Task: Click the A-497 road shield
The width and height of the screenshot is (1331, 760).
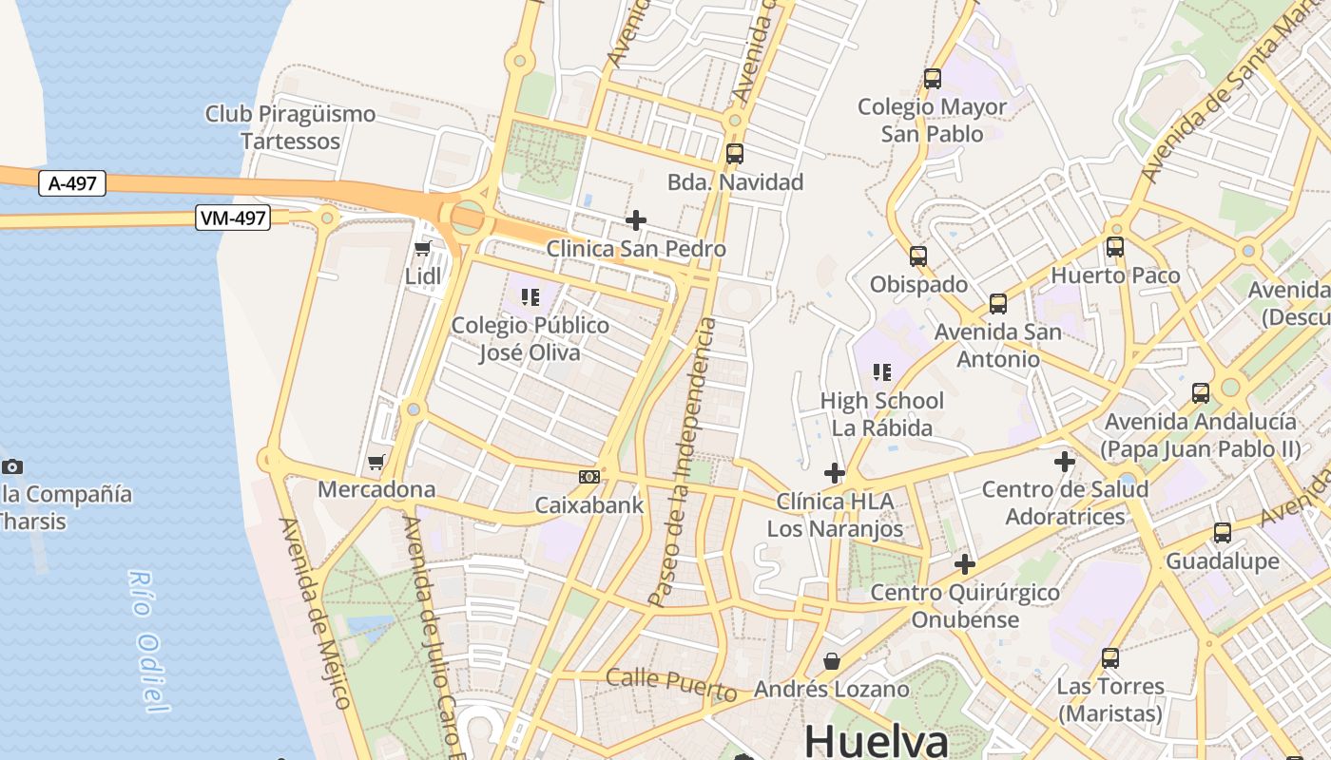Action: click(72, 183)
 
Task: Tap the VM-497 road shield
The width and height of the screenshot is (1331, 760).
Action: click(233, 218)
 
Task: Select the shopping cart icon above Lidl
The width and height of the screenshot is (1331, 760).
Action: click(423, 249)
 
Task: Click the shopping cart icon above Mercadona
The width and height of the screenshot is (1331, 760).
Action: click(376, 463)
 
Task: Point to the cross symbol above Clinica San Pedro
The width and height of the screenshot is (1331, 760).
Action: click(636, 220)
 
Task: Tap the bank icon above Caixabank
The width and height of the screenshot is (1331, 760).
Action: click(589, 476)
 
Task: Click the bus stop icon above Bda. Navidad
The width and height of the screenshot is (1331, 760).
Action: click(734, 153)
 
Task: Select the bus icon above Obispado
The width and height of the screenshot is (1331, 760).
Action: click(917, 256)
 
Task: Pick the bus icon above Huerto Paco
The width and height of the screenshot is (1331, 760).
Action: click(1115, 247)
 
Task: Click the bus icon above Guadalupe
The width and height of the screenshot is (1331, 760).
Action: click(1223, 533)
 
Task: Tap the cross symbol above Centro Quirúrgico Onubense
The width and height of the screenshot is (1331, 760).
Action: click(965, 564)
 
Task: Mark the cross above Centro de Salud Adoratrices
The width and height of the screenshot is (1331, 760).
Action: click(1065, 463)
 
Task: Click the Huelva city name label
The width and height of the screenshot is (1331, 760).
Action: click(876, 741)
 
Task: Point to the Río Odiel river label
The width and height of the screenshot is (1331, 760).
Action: click(147, 641)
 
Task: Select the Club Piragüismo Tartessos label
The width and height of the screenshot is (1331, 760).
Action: click(290, 127)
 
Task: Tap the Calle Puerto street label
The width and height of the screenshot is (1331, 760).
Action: click(671, 682)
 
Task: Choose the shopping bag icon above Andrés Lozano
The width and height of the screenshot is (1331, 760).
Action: click(832, 660)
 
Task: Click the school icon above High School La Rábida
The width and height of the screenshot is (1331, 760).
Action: click(882, 372)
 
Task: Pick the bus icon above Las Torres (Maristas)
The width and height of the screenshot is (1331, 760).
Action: click(1109, 657)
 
